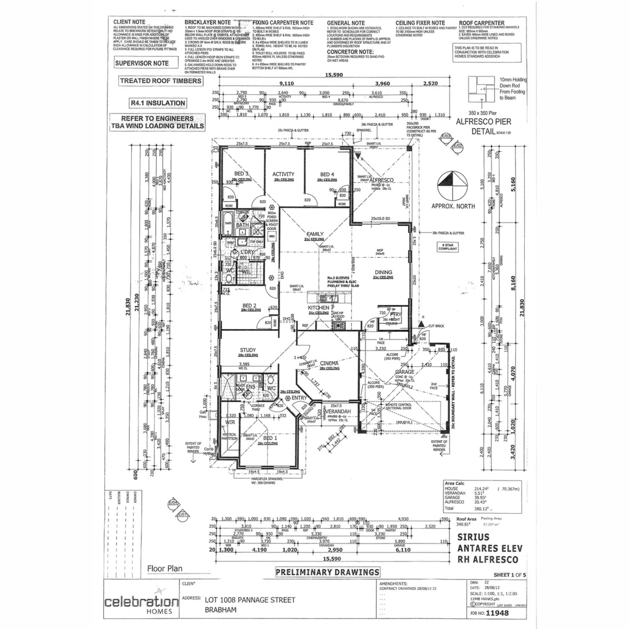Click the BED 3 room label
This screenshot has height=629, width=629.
(242, 174)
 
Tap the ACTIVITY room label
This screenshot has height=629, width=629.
(283, 174)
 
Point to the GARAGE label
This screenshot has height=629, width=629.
(404, 372)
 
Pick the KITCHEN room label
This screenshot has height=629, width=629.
(319, 307)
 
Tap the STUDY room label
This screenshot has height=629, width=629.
(248, 351)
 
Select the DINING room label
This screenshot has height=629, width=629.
(383, 272)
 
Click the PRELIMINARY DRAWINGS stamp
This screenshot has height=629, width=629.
(328, 572)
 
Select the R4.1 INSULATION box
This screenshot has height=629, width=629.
(158, 103)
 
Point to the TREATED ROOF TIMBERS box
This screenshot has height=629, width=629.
(161, 82)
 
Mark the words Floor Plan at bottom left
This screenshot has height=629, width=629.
(165, 569)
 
